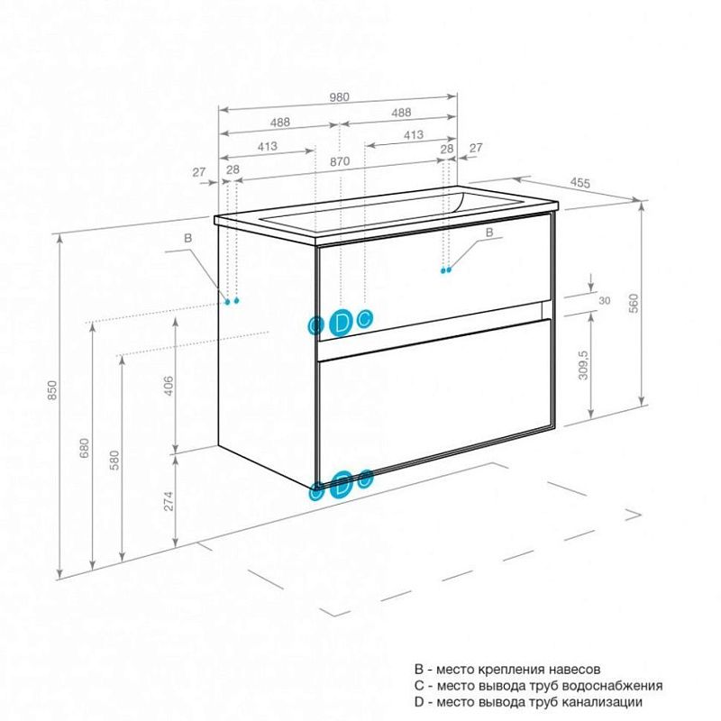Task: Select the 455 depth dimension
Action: pos(580,183)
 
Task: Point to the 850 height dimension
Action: pos(53,390)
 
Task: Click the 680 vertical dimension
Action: pos(85,448)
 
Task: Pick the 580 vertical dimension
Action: pos(114,460)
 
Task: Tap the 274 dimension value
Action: pos(169,502)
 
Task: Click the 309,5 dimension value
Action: pos(584,365)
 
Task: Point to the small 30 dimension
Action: pos(603,301)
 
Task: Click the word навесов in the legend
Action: pos(570,670)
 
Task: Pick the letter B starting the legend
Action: pos(418,670)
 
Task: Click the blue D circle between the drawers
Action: pos(342,321)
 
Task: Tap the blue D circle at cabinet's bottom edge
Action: pos(342,484)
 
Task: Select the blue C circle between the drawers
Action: pos(364,318)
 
